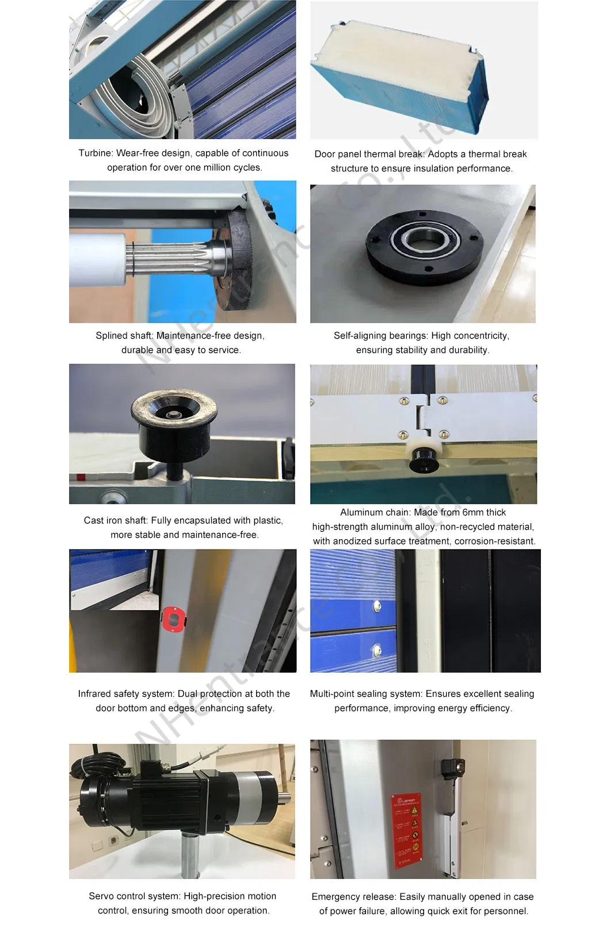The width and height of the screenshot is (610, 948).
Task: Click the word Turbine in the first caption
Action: pyautogui.click(x=95, y=153)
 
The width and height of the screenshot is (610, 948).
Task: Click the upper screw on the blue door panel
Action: pyautogui.click(x=377, y=605)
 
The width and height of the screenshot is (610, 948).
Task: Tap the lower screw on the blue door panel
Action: pyautogui.click(x=377, y=650)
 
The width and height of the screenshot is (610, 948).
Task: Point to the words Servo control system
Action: pyautogui.click(x=134, y=896)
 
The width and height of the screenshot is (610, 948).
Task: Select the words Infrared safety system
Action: pyautogui.click(x=125, y=694)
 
